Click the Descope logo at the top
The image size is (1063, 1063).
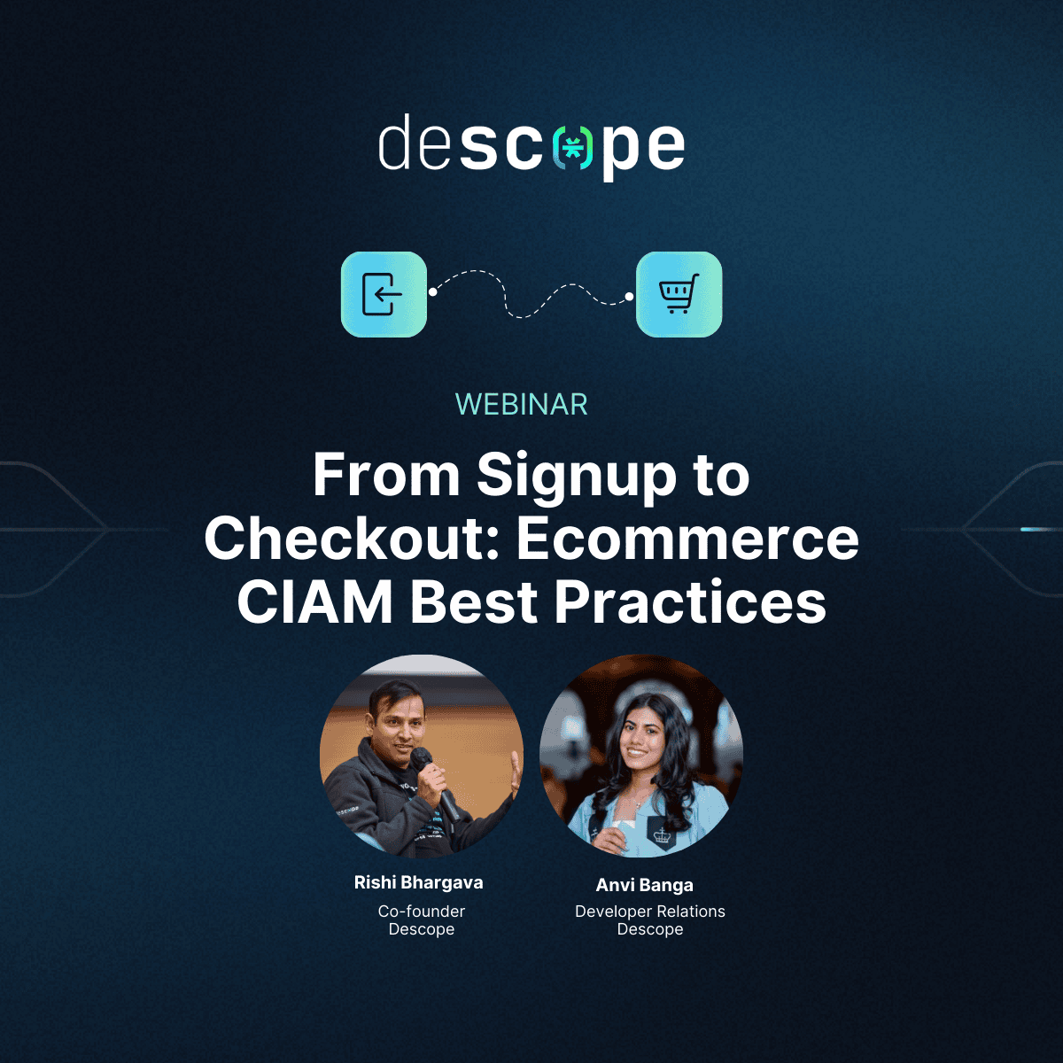(531, 147)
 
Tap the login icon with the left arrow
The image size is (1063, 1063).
(384, 295)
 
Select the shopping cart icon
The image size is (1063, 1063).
(679, 295)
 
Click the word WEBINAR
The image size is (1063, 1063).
(521, 404)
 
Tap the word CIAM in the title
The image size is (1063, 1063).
(314, 601)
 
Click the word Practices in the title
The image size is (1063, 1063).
(690, 601)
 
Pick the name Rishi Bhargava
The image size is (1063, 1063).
(419, 882)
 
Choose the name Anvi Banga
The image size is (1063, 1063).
(644, 885)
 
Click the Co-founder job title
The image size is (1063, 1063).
(422, 912)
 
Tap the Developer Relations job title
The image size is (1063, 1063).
(650, 912)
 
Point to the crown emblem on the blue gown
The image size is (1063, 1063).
(661, 834)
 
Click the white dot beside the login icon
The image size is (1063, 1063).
(433, 291)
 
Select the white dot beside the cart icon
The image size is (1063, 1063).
(629, 298)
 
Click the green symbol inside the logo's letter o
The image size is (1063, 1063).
(572, 148)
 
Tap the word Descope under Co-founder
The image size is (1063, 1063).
(422, 929)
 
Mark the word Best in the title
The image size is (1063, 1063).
(473, 601)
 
